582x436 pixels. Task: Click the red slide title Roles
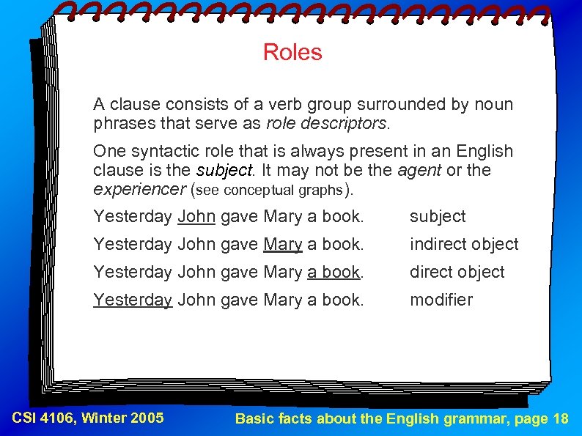292,52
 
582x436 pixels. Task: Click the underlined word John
196,216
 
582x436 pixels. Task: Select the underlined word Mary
282,244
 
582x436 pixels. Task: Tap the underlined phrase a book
334,272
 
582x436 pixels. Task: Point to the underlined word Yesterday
132,300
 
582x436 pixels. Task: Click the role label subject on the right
438,216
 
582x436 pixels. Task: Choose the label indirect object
464,244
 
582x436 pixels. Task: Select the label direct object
457,272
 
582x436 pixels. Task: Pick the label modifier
441,300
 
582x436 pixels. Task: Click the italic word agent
419,170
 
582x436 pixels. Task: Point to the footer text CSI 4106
45,418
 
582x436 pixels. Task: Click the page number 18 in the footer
561,419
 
